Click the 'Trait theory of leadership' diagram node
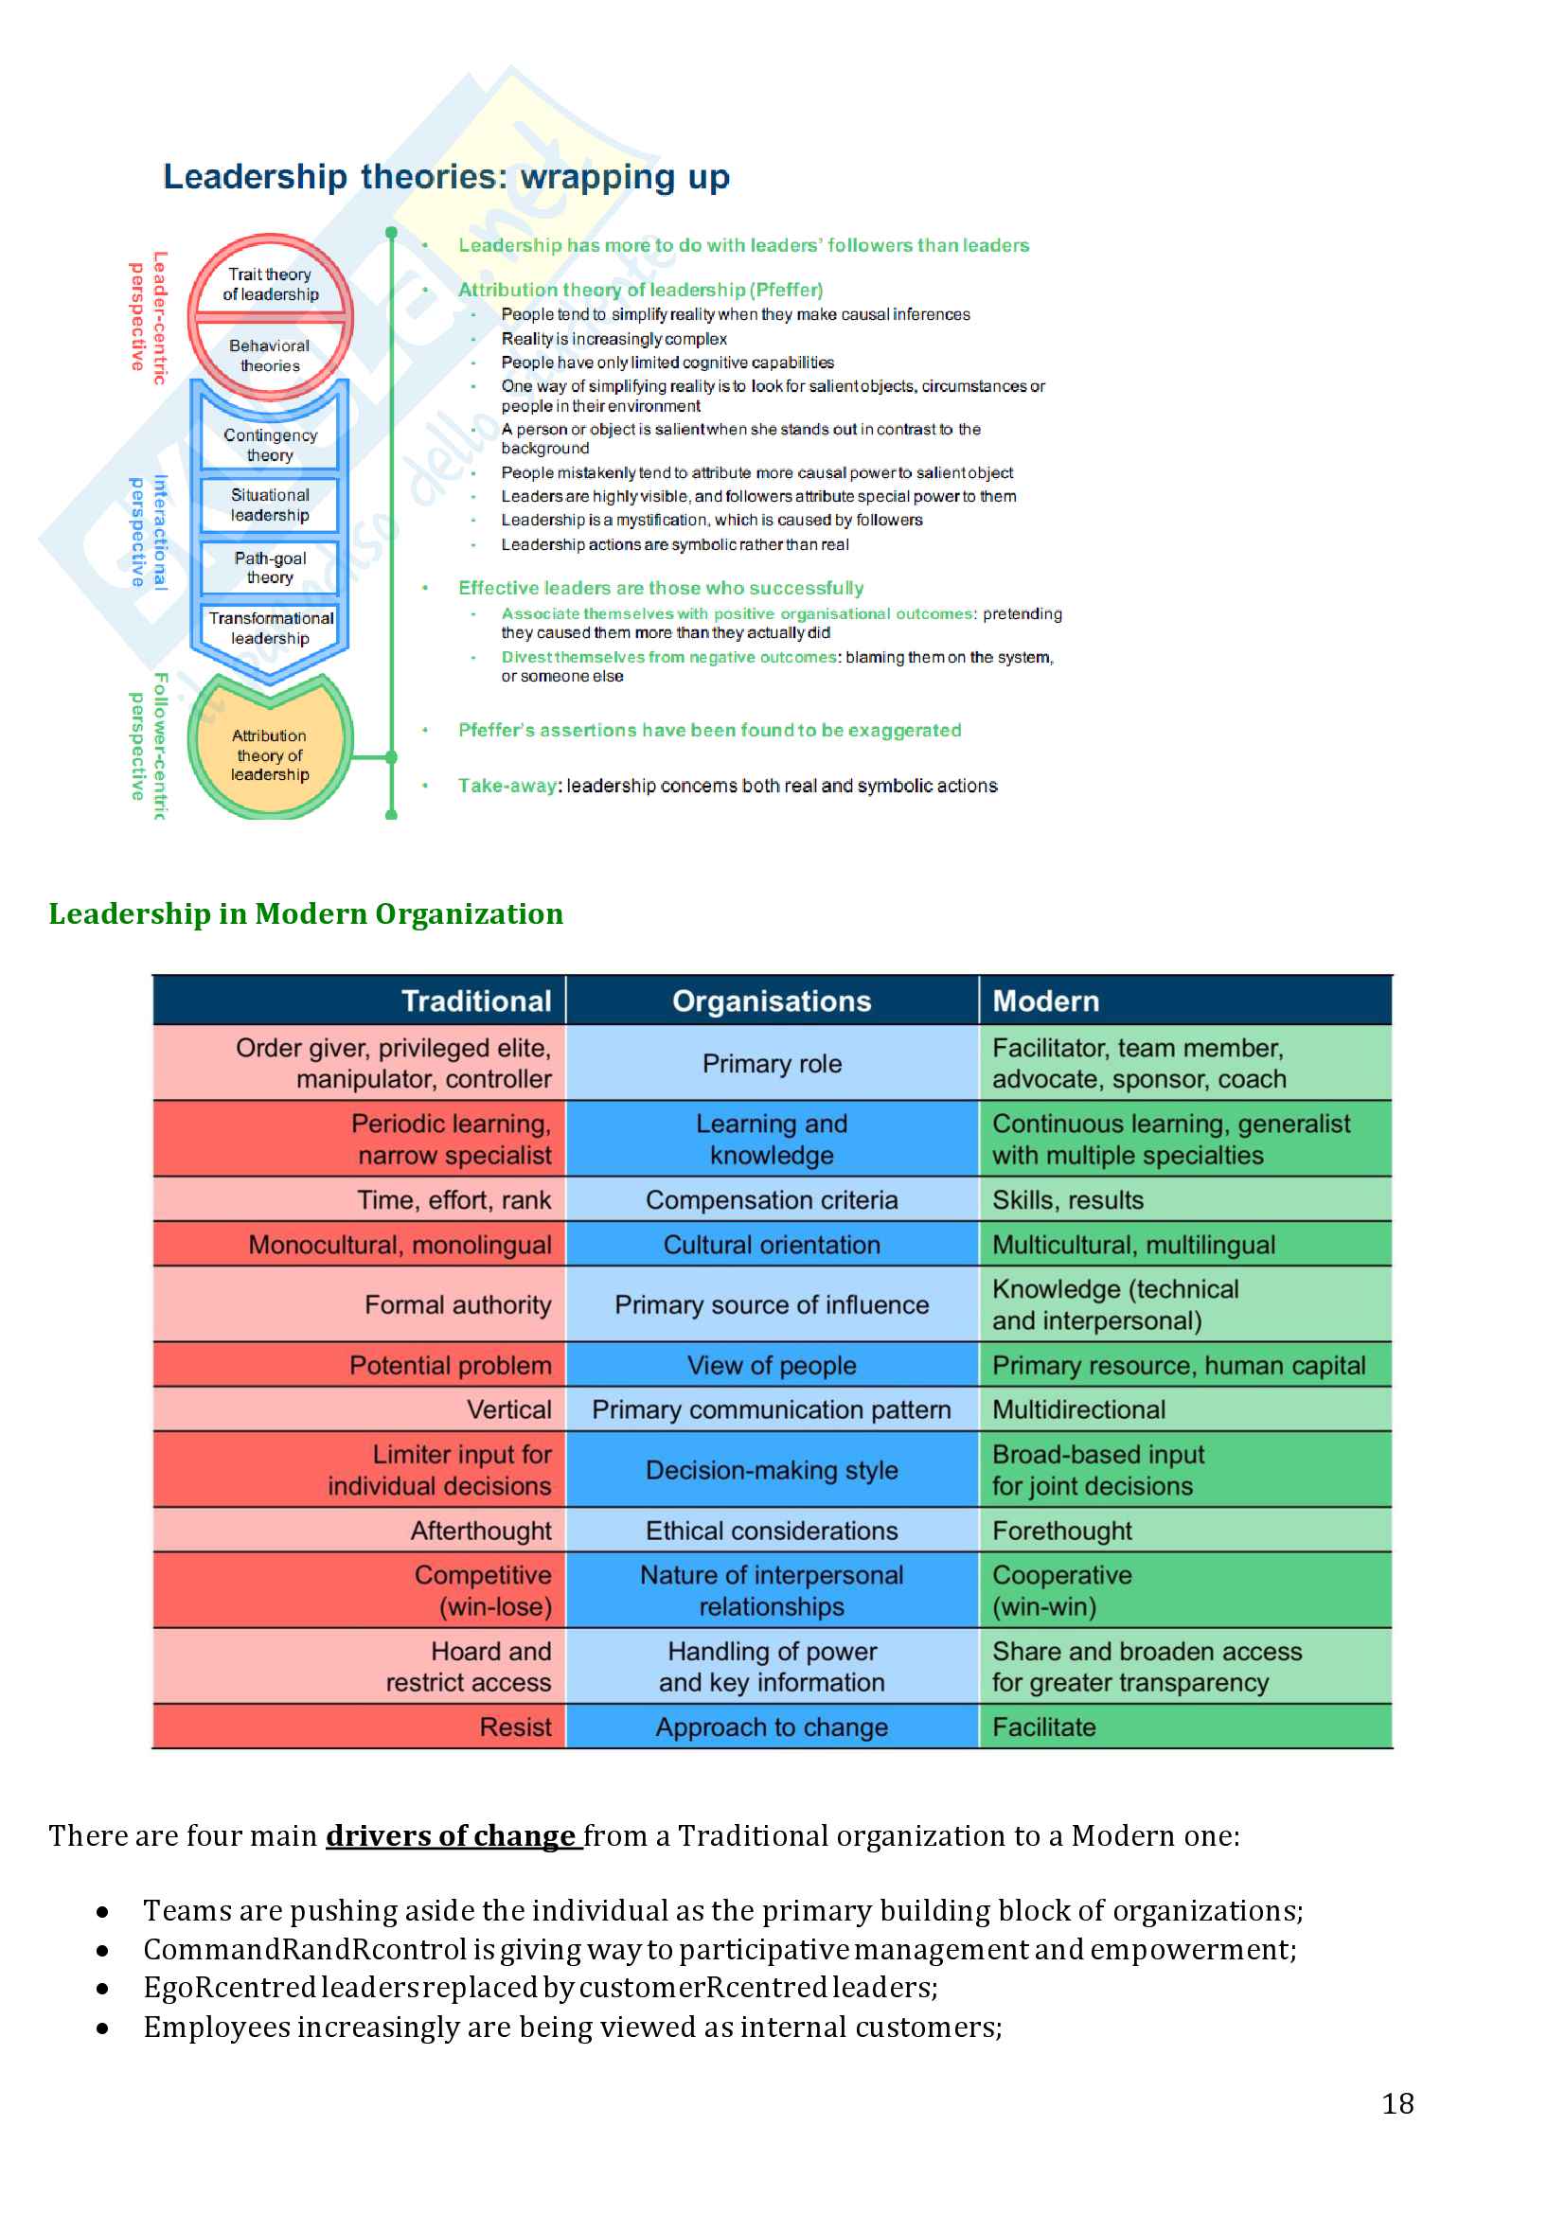click(x=270, y=285)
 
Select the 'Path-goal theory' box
click(x=270, y=568)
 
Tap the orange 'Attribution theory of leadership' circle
click(x=269, y=754)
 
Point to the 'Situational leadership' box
click(x=270, y=505)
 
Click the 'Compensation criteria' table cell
click(x=772, y=1199)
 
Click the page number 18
click(x=1397, y=2103)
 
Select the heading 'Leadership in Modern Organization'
click(x=306, y=913)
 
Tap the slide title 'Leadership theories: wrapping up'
click(x=447, y=176)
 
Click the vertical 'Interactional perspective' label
click(x=150, y=532)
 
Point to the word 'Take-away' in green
click(x=507, y=786)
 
